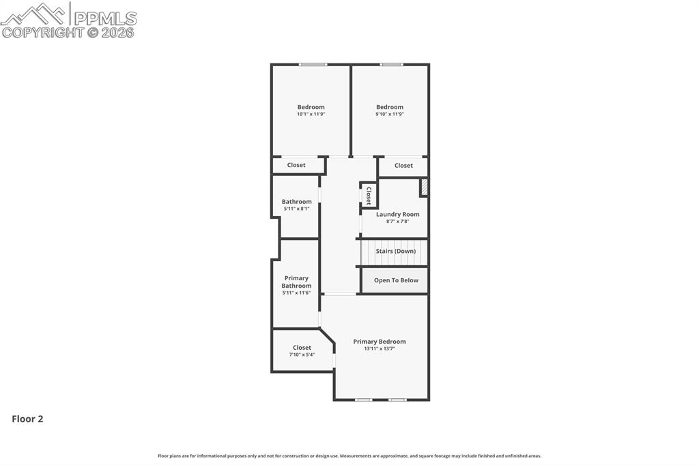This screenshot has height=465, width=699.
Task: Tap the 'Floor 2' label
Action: click(27, 419)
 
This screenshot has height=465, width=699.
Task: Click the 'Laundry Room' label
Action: click(397, 214)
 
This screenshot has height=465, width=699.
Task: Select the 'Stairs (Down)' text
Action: click(395, 251)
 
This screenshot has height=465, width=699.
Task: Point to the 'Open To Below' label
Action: click(396, 280)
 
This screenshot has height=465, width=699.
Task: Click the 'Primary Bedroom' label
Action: click(379, 342)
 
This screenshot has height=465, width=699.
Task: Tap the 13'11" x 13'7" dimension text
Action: click(379, 348)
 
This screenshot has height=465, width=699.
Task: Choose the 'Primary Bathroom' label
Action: click(296, 282)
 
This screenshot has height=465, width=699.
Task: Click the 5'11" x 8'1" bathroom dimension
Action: click(296, 209)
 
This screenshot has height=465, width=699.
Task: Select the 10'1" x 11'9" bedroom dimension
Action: click(311, 115)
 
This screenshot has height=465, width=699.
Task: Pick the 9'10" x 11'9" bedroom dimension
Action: click(390, 115)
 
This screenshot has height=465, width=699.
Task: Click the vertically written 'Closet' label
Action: click(368, 195)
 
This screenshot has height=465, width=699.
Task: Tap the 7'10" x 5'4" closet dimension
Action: click(302, 355)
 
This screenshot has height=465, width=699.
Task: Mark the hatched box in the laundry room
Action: click(424, 187)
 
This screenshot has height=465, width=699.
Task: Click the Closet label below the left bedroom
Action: click(296, 165)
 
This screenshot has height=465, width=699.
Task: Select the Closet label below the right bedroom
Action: click(403, 166)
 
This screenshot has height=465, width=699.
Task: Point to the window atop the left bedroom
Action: click(313, 65)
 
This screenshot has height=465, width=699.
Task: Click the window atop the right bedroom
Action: click(391, 65)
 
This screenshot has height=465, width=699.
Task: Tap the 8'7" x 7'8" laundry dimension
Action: click(397, 221)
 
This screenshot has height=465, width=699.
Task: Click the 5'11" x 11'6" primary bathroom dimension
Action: click(296, 292)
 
